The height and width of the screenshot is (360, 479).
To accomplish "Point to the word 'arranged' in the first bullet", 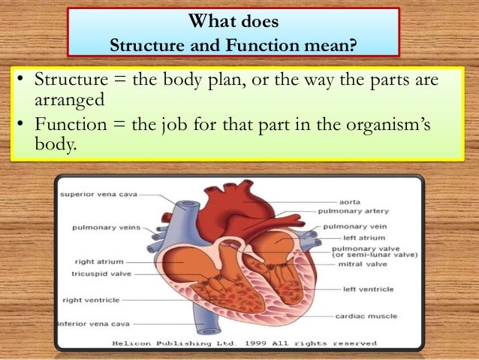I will pyautogui.click(x=68, y=99).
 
